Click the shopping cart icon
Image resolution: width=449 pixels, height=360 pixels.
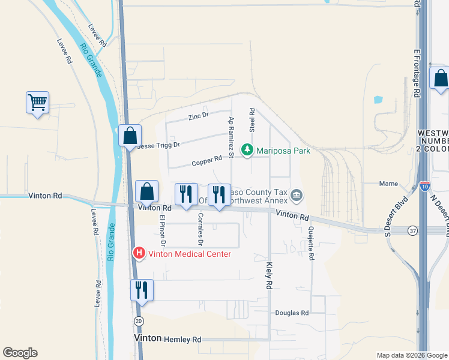(x=37, y=103)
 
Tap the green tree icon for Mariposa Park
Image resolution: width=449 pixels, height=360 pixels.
(x=247, y=151)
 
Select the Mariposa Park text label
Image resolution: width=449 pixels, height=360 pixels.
(x=283, y=151)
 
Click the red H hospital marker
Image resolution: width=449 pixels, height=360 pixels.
(x=139, y=254)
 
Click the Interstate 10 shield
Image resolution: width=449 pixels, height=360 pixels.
(x=424, y=187)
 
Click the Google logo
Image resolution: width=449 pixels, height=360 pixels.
(x=20, y=353)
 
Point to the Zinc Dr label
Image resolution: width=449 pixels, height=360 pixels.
(x=197, y=116)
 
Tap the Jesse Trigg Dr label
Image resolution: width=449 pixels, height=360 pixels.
(x=158, y=145)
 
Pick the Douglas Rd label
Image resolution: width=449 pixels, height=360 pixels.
(x=292, y=313)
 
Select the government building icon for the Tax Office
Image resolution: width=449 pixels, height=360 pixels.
(x=297, y=195)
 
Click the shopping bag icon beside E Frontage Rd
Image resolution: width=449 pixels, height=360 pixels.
(x=441, y=79)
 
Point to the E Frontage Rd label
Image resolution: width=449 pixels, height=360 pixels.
(x=415, y=73)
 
